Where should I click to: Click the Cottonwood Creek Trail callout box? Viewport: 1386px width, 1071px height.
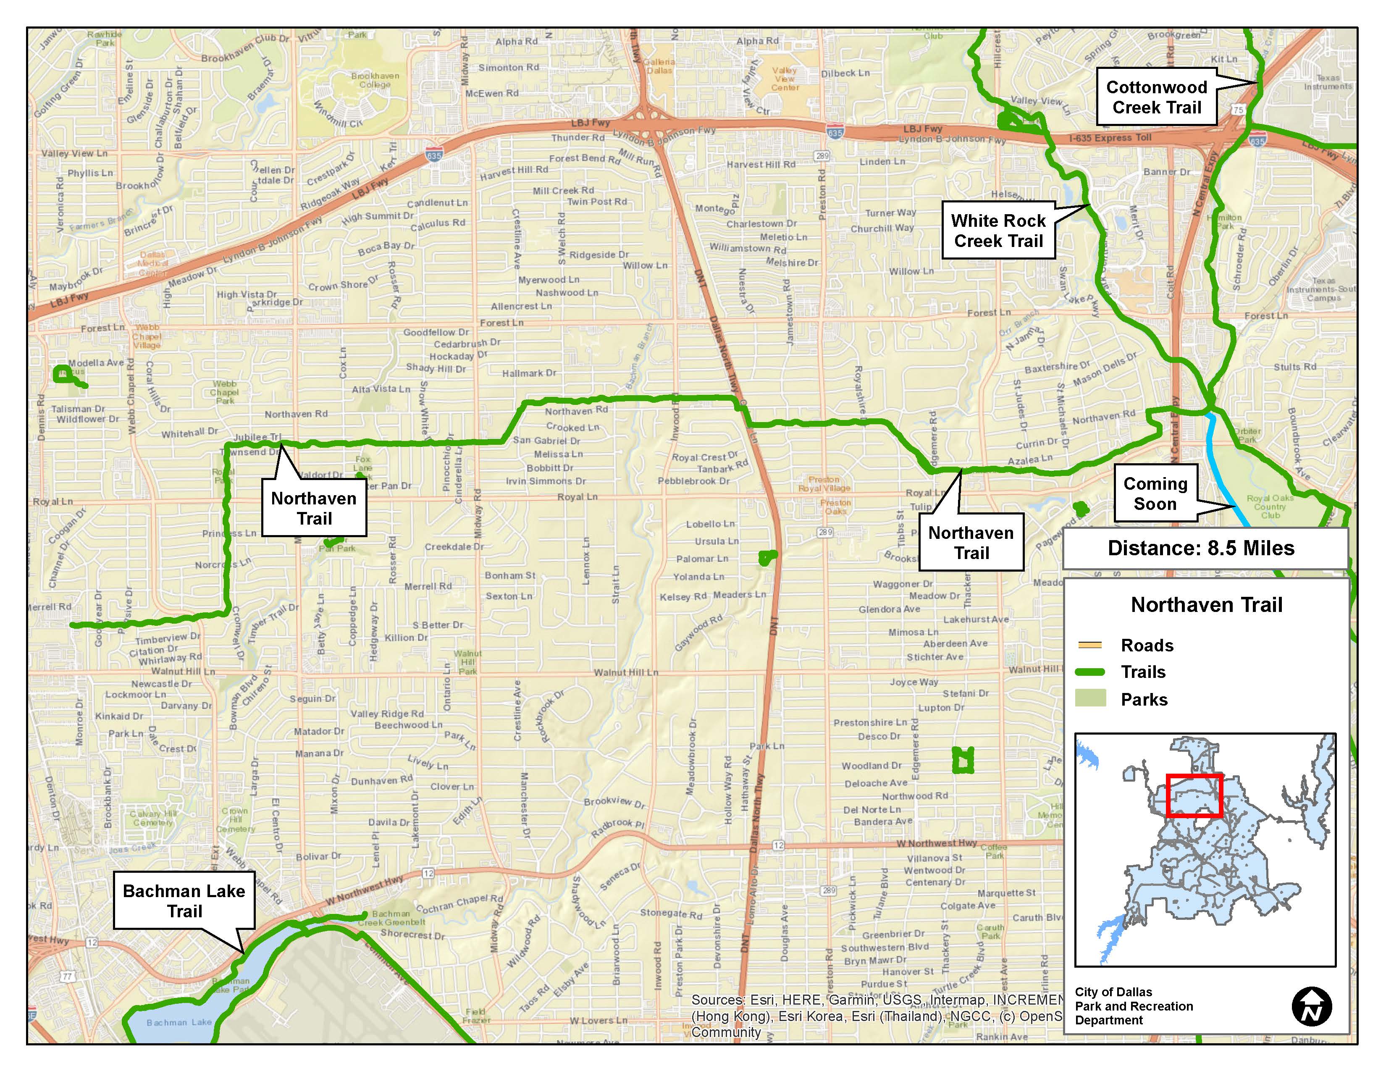(x=1156, y=97)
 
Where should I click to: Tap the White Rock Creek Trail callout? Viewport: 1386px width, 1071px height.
(x=998, y=230)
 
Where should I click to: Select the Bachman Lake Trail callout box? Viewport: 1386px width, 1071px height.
(x=184, y=900)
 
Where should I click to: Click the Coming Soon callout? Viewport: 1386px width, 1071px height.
(x=1155, y=493)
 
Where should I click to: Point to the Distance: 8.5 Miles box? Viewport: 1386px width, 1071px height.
(x=1205, y=548)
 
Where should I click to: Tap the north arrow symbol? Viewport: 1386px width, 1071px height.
(x=1311, y=1006)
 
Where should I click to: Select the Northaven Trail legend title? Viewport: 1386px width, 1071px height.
(x=1206, y=605)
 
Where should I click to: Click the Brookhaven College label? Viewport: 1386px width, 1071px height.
(x=375, y=80)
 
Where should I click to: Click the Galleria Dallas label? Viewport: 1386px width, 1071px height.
(x=659, y=66)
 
